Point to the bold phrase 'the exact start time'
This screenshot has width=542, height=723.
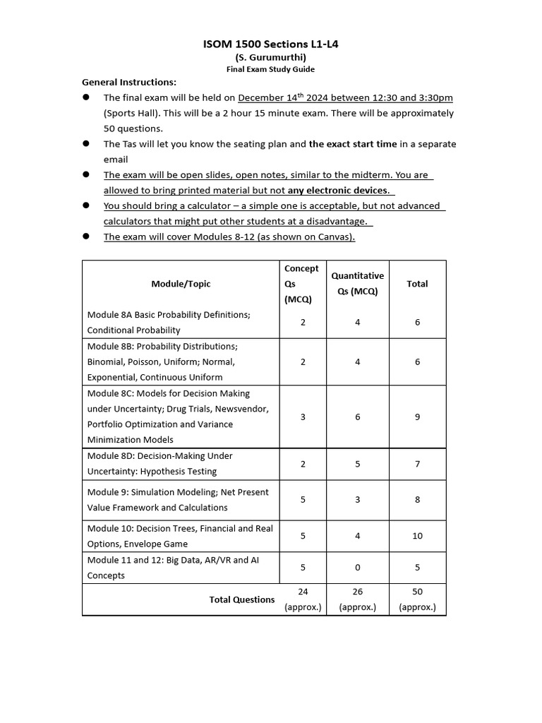[x=352, y=144]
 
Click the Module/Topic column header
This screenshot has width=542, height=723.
[x=181, y=284]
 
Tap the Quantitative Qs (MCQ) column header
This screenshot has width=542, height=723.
[x=357, y=284]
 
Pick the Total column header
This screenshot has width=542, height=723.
[x=417, y=284]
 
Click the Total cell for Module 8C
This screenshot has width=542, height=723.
[x=417, y=417]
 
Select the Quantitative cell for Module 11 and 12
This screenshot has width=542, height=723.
[x=357, y=567]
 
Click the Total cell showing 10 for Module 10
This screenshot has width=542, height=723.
[x=417, y=536]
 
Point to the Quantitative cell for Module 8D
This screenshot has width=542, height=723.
[x=357, y=464]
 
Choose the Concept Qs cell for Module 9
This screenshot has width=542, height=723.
[x=302, y=500]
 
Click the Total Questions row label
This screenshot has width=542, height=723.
[x=241, y=599]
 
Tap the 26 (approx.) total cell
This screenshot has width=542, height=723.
[x=357, y=599]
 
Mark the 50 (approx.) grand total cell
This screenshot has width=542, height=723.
[x=417, y=599]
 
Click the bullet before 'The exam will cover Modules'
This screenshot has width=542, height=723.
[x=86, y=237]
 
